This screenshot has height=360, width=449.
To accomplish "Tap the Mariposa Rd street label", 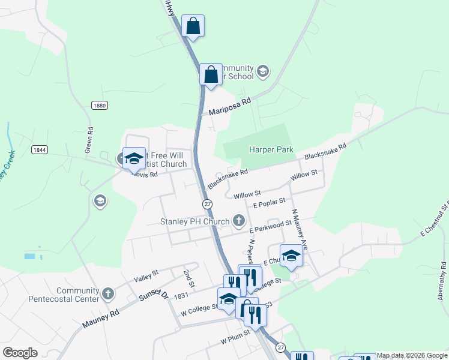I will pyautogui.click(x=229, y=107).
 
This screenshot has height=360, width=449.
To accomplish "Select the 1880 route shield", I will pyautogui.click(x=100, y=105).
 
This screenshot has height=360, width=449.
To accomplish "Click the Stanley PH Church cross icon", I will pyautogui.click(x=239, y=221).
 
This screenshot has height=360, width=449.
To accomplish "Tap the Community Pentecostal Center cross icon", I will pyautogui.click(x=108, y=294).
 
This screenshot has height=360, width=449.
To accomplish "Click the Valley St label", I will pyautogui.click(x=146, y=275).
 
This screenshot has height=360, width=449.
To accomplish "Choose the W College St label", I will pyautogui.click(x=199, y=309).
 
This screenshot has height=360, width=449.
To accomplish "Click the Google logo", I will pyautogui.click(x=20, y=353).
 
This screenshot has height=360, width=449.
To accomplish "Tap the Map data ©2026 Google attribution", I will pyautogui.click(x=412, y=355).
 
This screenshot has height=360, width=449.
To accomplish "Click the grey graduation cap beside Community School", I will pyautogui.click(x=262, y=72).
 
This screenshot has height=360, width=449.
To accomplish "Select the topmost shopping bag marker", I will pyautogui.click(x=193, y=26).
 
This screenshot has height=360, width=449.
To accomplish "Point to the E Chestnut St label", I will pyautogui.click(x=435, y=221).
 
